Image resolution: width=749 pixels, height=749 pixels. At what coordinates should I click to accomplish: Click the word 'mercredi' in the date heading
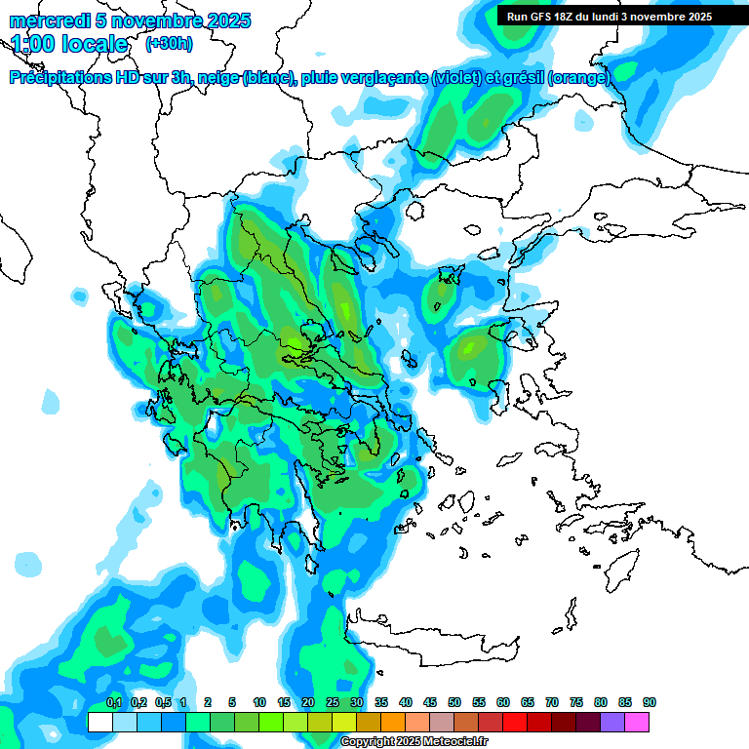click(x=44, y=20)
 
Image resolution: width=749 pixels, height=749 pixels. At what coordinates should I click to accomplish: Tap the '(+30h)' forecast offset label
click(x=169, y=43)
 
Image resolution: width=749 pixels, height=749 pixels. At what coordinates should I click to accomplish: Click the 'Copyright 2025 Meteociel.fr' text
click(x=414, y=742)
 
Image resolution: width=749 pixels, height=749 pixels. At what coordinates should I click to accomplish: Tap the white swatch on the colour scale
click(x=99, y=722)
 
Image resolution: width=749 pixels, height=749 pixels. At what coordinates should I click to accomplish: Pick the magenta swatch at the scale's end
click(x=637, y=722)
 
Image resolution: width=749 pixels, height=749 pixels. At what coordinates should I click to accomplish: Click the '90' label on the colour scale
click(x=650, y=702)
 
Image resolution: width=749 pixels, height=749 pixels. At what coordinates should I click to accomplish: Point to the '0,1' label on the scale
click(x=113, y=702)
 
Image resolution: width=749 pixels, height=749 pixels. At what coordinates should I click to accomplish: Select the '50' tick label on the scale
click(x=454, y=702)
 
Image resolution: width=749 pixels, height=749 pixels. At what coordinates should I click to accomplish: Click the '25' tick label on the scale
click(x=333, y=702)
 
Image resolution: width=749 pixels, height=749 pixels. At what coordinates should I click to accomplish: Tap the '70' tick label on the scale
click(x=552, y=702)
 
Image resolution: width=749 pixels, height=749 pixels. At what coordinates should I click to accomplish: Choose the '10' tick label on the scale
click(x=259, y=702)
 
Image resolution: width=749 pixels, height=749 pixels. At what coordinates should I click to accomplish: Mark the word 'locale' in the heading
click(x=96, y=44)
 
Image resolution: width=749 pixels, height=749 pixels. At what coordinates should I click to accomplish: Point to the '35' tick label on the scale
click(x=381, y=702)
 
